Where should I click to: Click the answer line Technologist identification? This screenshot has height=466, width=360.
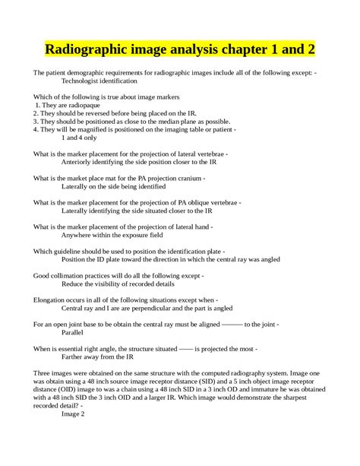point(103,80)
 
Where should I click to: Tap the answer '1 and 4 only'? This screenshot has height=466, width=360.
point(79,138)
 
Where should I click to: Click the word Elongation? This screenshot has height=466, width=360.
point(51,300)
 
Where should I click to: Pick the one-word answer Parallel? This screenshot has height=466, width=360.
point(73,332)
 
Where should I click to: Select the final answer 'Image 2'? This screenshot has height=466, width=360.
point(73,414)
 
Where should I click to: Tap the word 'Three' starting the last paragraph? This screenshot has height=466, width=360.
point(43,373)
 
